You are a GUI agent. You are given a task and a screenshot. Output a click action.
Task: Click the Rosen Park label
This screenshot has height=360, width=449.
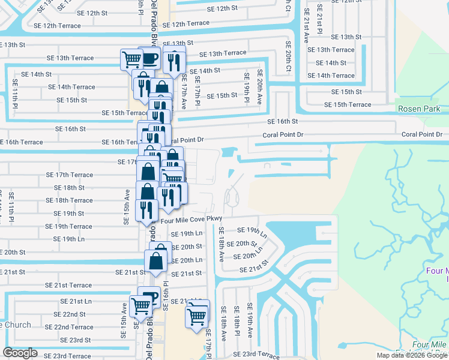pyautogui.click(x=419, y=109)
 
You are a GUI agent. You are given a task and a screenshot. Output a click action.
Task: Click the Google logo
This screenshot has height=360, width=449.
pyautogui.click(x=20, y=353)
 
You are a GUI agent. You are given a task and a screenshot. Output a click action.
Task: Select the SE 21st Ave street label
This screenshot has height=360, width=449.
pyautogui.click(x=306, y=25)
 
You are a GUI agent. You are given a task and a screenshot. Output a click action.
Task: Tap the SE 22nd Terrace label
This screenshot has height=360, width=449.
pyautogui.click(x=73, y=327)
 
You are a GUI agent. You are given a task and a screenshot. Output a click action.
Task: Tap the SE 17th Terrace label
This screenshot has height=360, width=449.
pyautogui.click(x=70, y=175)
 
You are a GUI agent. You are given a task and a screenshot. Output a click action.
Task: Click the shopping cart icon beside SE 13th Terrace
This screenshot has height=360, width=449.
pyautogui.click(x=131, y=59)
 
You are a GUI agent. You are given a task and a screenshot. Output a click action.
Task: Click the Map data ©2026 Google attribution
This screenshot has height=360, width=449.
pyautogui.click(x=412, y=355)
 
